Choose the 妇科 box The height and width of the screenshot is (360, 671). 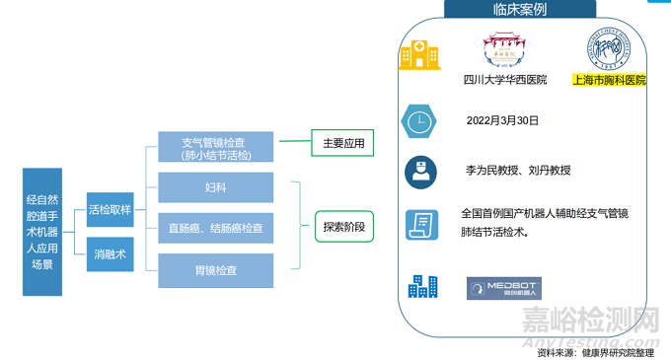[214, 186]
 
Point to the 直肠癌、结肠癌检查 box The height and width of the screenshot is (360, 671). [214, 229]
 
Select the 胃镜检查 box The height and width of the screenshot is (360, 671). [214, 269]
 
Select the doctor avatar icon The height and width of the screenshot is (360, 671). [420, 173]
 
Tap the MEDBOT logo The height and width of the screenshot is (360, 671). [503, 289]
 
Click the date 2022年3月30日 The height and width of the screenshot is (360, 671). [502, 120]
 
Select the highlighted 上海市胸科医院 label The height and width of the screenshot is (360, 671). [610, 80]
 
